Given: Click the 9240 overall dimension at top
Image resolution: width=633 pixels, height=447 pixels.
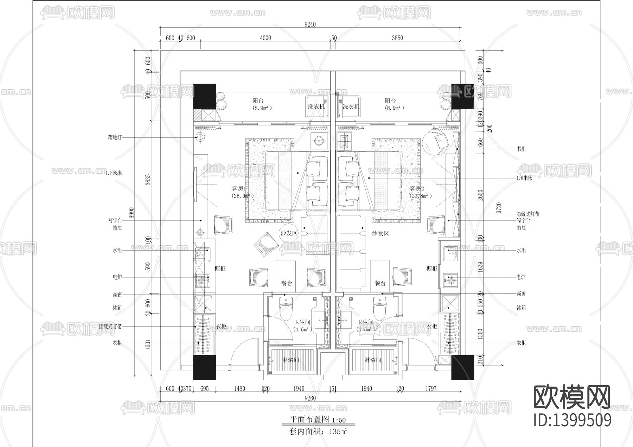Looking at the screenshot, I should [310, 24].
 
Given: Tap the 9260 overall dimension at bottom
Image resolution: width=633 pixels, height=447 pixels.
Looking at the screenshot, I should [310, 398].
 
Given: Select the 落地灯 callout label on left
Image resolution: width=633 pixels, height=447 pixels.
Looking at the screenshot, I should [115, 137].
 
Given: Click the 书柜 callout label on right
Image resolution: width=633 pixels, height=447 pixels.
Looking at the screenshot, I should [521, 149].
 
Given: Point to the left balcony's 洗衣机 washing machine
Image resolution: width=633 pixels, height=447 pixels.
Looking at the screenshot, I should [316, 106].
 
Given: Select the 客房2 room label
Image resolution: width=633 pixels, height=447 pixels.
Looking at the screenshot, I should [418, 189].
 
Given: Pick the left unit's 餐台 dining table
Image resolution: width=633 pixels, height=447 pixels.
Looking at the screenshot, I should [286, 276].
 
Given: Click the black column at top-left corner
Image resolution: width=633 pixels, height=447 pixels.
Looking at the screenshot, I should [204, 96].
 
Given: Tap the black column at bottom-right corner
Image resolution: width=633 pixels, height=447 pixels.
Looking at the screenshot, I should [462, 367].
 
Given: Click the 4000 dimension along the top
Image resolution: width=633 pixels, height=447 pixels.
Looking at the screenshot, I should [266, 38].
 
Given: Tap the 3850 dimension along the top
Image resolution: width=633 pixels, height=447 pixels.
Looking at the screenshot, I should [397, 38].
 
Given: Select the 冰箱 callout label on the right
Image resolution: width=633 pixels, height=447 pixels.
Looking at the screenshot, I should [521, 308].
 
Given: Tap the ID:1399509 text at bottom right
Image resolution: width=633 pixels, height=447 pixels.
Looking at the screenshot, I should [573, 420].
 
